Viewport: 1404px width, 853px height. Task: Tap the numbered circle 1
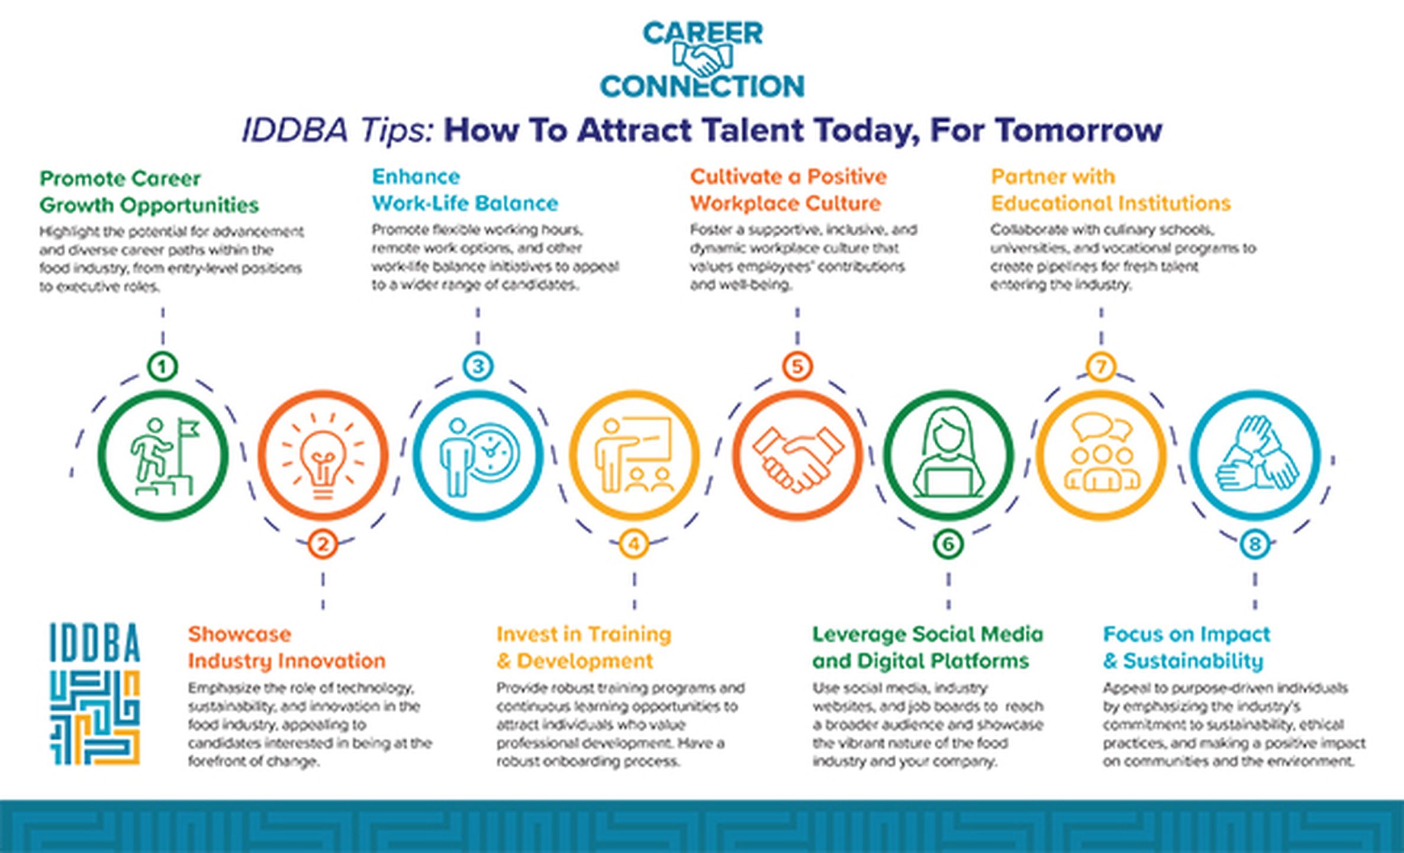pos(163,366)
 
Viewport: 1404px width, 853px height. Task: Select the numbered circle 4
pos(634,544)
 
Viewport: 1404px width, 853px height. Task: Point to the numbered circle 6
pos(948,544)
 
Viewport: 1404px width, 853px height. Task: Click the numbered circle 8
pos(1255,544)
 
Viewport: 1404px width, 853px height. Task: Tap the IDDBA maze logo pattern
pos(95,717)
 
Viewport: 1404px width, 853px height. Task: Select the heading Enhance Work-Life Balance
pos(465,190)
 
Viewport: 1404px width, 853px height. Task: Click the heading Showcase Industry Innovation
pos(286,647)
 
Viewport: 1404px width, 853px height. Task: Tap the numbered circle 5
pos(797,366)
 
